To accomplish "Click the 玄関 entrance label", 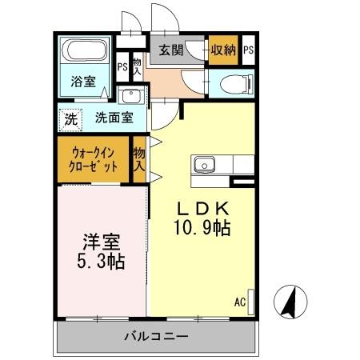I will point(170,50).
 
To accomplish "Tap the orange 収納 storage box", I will point(222,50).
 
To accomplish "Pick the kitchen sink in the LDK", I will point(204,166).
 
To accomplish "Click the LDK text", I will point(203,208).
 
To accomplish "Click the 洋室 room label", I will point(98,240).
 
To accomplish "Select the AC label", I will point(239,302).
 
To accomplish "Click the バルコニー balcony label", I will point(156,336).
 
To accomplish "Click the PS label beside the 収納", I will point(249,50).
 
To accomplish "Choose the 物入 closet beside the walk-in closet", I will point(139,158).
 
